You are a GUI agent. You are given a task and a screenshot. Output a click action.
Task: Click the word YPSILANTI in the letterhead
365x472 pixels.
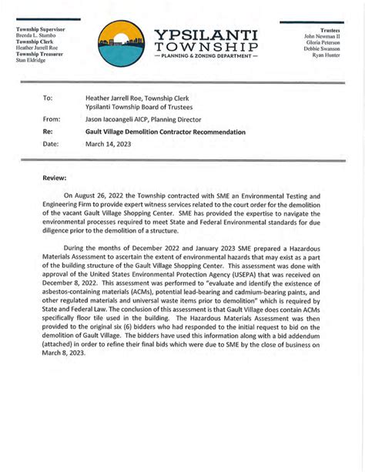(206, 35)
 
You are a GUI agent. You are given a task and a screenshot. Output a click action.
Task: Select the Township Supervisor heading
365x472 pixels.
(41, 29)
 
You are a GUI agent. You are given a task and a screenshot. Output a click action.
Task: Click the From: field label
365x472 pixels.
(52, 120)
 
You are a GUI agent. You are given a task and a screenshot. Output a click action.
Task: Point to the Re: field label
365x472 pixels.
(49, 132)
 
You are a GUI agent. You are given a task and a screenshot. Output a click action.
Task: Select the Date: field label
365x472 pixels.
(51, 144)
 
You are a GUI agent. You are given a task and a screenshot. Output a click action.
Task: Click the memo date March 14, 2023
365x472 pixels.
(108, 144)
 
